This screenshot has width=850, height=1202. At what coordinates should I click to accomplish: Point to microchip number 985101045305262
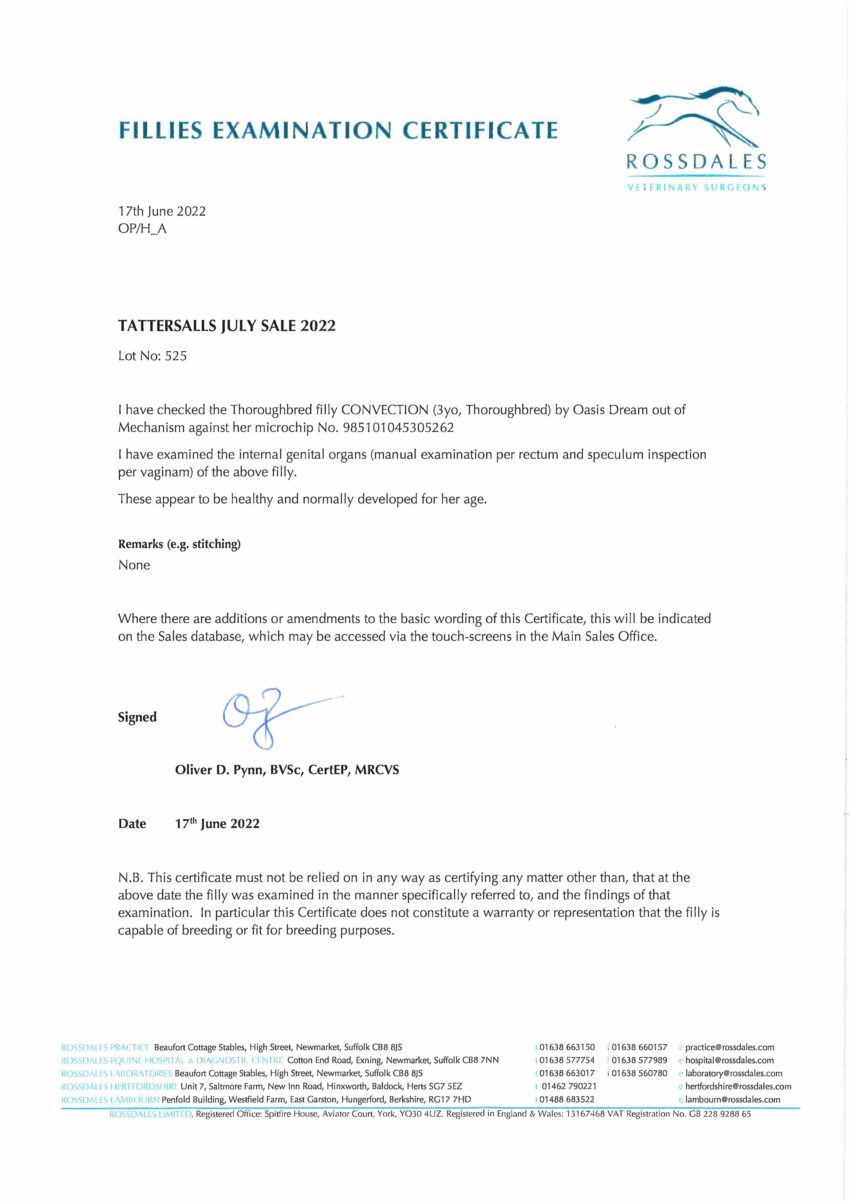pos(398,428)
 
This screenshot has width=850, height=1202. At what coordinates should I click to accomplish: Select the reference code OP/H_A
pos(142,229)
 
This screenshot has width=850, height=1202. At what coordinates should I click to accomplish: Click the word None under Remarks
pos(134,565)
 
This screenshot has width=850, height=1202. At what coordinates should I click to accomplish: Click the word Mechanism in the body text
pos(151,428)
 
